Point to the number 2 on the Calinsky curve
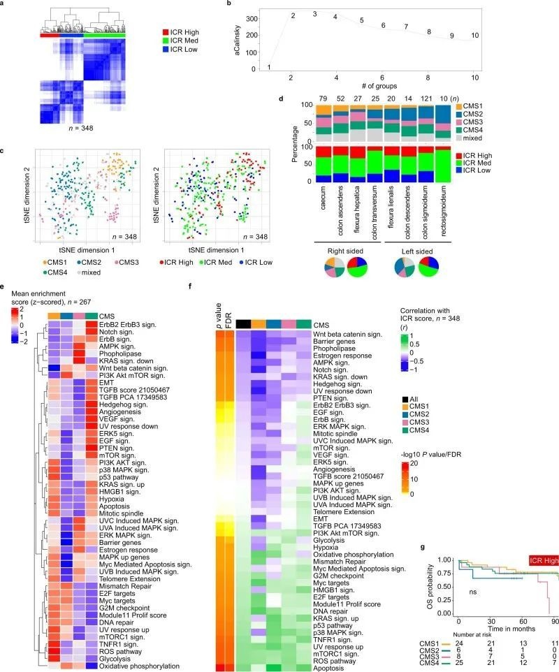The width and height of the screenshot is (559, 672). click(x=293, y=16)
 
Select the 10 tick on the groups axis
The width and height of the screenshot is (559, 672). click(x=475, y=77)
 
